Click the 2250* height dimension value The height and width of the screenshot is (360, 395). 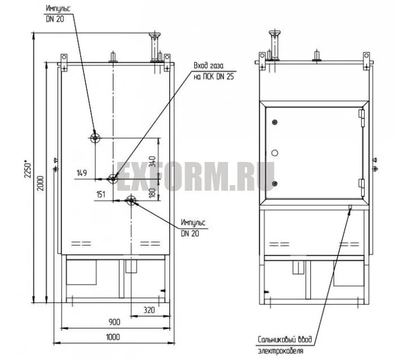(x=27, y=169)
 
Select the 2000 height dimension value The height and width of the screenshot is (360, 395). (x=40, y=183)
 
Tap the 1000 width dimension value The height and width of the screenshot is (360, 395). (x=113, y=337)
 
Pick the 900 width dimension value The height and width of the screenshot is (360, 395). (x=115, y=322)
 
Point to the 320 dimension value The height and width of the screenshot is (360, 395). (x=149, y=310)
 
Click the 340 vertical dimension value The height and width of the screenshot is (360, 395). (x=152, y=161)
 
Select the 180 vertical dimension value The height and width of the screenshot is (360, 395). (x=152, y=192)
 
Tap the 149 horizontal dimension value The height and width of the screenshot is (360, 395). (x=82, y=173)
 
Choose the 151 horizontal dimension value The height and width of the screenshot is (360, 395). (x=101, y=194)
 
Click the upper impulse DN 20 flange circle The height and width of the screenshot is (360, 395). (x=95, y=138)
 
